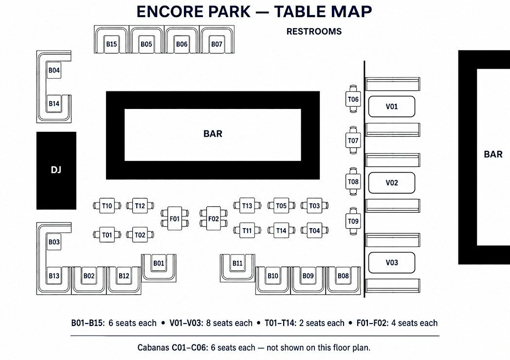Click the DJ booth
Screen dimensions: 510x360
pyautogui.click(x=56, y=170)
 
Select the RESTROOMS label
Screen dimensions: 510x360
pyautogui.click(x=314, y=32)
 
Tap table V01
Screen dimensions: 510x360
pyautogui.click(x=392, y=107)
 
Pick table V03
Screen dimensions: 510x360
pyautogui.click(x=392, y=262)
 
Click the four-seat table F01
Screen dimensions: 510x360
pyautogui.click(x=175, y=218)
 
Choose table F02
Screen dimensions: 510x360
pyautogui.click(x=213, y=218)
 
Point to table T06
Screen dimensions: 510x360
pyautogui.click(x=353, y=99)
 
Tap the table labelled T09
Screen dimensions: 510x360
pyautogui.click(x=353, y=221)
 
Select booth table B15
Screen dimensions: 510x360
pyautogui.click(x=111, y=44)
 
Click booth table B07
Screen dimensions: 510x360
pyautogui.click(x=217, y=44)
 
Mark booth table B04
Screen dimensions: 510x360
pyautogui.click(x=54, y=70)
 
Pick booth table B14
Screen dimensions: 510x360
pyautogui.click(x=54, y=104)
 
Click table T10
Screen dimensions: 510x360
pyautogui.click(x=107, y=206)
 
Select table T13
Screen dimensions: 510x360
pyautogui.click(x=247, y=205)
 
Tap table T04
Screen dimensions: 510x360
pyautogui.click(x=314, y=231)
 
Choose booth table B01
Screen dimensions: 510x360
pyautogui.click(x=159, y=263)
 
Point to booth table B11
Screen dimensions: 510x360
pyautogui.click(x=237, y=263)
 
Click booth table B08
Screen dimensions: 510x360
pyautogui.click(x=343, y=276)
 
